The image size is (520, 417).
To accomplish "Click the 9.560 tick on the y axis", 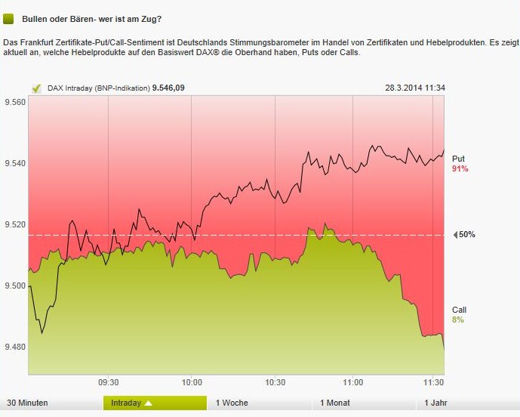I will coord(15,103).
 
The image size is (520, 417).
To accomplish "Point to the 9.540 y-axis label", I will coord(15,164).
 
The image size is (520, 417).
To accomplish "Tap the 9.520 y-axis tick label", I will coord(15,225).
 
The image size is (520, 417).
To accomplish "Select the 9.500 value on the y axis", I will coord(15,286).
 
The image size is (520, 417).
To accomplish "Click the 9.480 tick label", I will coord(15,347).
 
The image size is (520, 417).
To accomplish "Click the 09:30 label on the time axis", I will coord(108,382).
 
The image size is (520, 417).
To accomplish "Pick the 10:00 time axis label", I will coord(191,382).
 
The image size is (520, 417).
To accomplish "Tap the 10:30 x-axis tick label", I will coord(275,382).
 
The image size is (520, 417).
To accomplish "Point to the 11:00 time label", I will coord(353,382).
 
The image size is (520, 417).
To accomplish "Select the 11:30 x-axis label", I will coord(432,382).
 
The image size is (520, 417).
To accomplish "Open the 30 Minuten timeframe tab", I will coord(27,403).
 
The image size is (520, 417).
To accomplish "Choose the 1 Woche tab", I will coord(232,403).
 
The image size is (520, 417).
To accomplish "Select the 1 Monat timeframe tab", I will coord(335,403).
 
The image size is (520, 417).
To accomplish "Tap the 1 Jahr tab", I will coord(437,403).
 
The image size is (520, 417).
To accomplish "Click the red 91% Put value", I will coord(460,169).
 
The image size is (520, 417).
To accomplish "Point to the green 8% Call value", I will coord(458,320).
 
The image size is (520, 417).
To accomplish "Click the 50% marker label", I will coord(466,235).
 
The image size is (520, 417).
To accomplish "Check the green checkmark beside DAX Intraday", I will coord(35,88).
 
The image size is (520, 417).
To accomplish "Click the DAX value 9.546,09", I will coord(168,88).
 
